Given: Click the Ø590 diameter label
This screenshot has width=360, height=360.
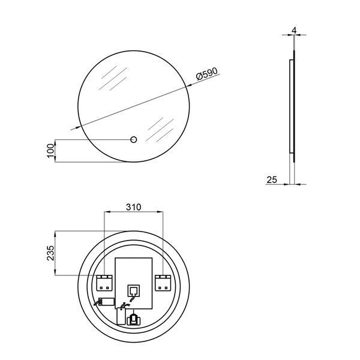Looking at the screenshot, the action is [207, 73].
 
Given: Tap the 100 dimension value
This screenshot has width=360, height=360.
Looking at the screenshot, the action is [51, 151].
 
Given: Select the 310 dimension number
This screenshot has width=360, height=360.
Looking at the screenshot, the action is [134, 207].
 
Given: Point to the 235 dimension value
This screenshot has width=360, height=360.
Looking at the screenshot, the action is [51, 253].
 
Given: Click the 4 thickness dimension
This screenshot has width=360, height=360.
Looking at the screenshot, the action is [295, 31].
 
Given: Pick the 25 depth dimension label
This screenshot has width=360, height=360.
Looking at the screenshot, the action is [272, 179].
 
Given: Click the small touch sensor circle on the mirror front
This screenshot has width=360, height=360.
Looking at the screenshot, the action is [134, 140].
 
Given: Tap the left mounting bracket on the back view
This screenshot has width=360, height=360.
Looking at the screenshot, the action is [104, 283].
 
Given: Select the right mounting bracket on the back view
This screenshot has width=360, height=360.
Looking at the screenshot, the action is [163, 283].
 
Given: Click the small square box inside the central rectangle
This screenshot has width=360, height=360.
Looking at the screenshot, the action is [134, 290].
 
